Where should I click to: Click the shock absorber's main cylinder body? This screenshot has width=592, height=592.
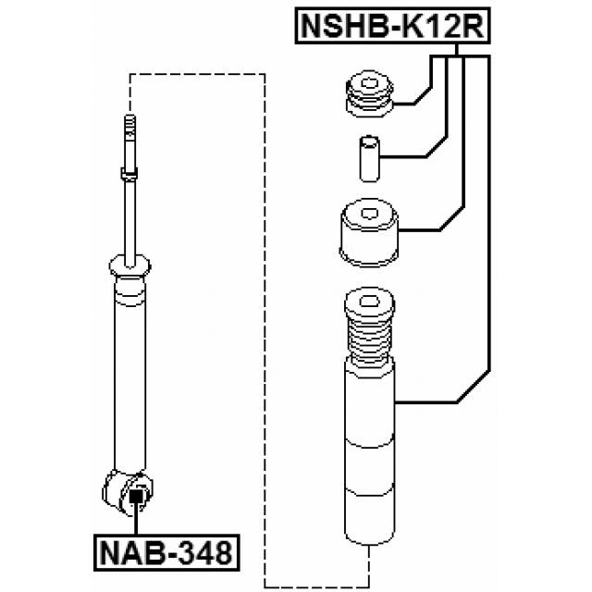click(129, 370)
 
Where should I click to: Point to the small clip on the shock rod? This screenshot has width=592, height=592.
click(129, 171)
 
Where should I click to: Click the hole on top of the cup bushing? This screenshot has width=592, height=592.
click(371, 214)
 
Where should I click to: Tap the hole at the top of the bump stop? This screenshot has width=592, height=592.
click(369, 301)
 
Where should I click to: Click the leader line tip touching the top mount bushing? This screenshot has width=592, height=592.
click(397, 104)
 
